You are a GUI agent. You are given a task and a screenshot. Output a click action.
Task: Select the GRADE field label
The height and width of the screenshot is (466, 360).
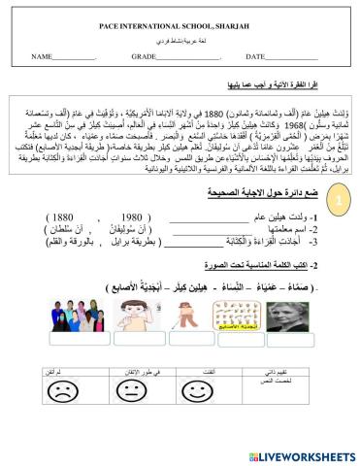(145, 58)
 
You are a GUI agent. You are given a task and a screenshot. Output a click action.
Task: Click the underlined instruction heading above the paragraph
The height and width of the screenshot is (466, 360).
(277, 83)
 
